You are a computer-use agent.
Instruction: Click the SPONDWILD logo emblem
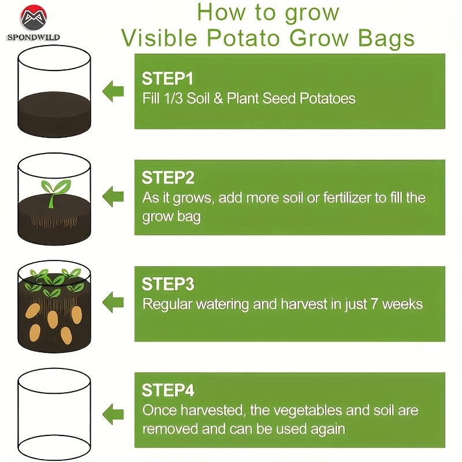33,17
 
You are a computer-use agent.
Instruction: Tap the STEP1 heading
167,79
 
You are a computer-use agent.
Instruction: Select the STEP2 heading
168,178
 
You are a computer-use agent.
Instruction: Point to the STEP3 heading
168,284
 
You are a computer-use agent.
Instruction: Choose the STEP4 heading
168,390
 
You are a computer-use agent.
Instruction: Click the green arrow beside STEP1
113,91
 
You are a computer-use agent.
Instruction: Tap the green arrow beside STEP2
113,196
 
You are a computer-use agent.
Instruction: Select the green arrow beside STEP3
113,302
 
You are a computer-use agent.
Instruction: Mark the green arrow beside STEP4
113,414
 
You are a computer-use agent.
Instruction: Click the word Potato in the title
243,38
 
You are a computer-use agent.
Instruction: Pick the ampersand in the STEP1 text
218,98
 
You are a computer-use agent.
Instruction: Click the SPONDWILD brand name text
33,38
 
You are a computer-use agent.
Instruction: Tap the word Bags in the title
386,39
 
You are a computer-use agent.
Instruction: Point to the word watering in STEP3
222,305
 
